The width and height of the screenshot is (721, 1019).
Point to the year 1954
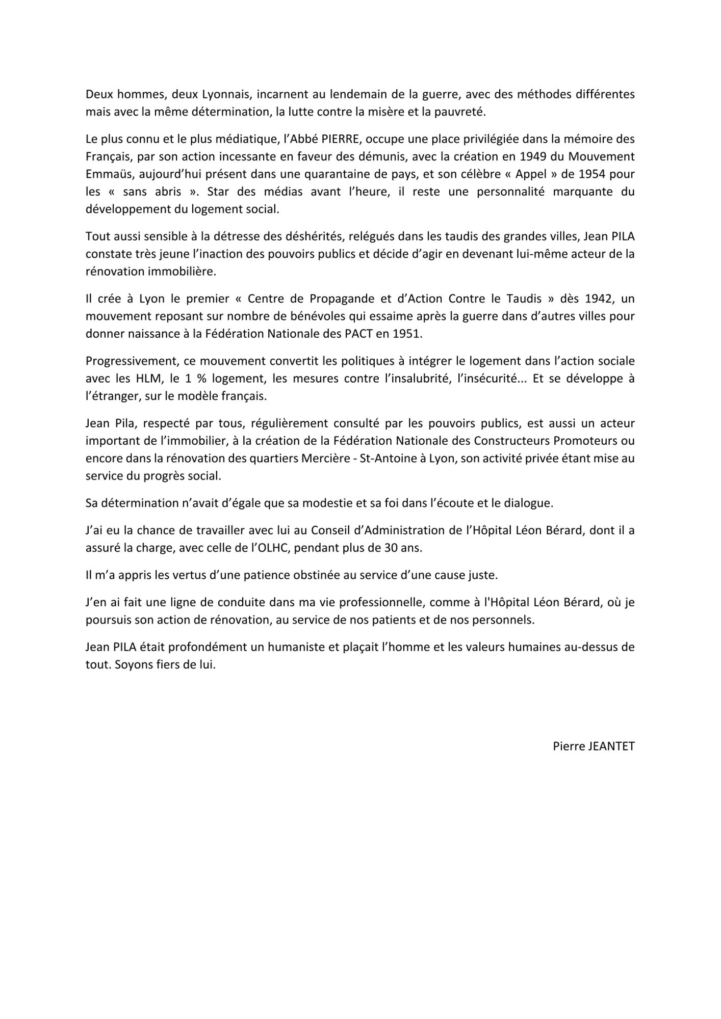[x=596, y=174]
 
